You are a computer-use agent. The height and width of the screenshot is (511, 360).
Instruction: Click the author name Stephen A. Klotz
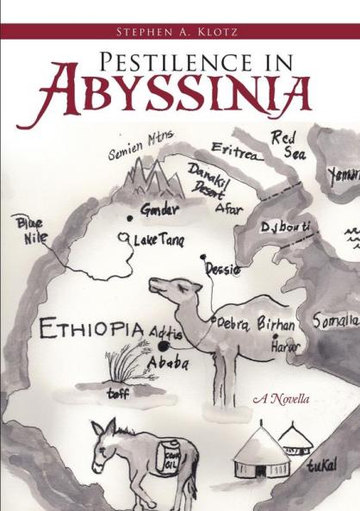(x=179, y=32)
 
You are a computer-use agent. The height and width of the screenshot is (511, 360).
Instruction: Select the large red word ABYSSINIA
(x=179, y=97)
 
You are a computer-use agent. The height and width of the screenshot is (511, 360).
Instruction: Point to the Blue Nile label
(x=32, y=232)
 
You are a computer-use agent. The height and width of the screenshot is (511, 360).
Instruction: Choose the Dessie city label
(x=222, y=268)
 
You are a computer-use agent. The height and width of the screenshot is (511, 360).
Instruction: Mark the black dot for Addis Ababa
(x=164, y=346)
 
